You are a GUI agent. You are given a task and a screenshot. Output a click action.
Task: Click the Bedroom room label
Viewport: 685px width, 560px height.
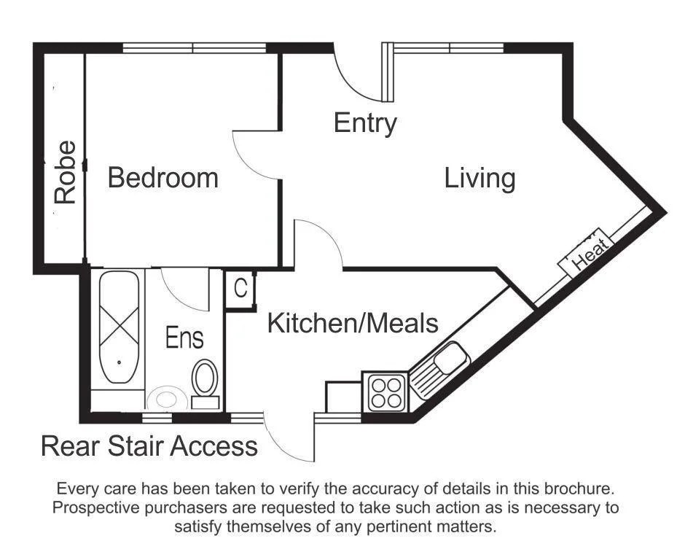(x=163, y=178)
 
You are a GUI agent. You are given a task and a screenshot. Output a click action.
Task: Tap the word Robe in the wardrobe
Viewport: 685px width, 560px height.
(x=66, y=172)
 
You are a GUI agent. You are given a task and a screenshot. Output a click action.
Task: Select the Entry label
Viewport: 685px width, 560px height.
(x=365, y=123)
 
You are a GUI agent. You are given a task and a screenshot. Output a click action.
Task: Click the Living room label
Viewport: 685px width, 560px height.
(x=479, y=178)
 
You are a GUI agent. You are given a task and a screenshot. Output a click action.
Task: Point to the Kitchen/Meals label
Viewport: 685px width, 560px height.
(x=353, y=323)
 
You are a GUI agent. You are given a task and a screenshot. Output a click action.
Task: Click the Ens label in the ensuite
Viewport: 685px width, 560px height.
(x=184, y=338)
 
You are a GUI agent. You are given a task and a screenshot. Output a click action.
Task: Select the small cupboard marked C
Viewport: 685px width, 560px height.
(x=240, y=289)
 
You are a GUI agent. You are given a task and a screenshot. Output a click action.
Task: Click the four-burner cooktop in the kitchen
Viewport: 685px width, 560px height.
(x=386, y=391)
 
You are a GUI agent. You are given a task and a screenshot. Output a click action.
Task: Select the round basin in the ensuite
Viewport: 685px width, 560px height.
(x=166, y=400)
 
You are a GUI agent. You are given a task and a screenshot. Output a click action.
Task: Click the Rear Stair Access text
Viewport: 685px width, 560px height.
(x=149, y=446)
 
